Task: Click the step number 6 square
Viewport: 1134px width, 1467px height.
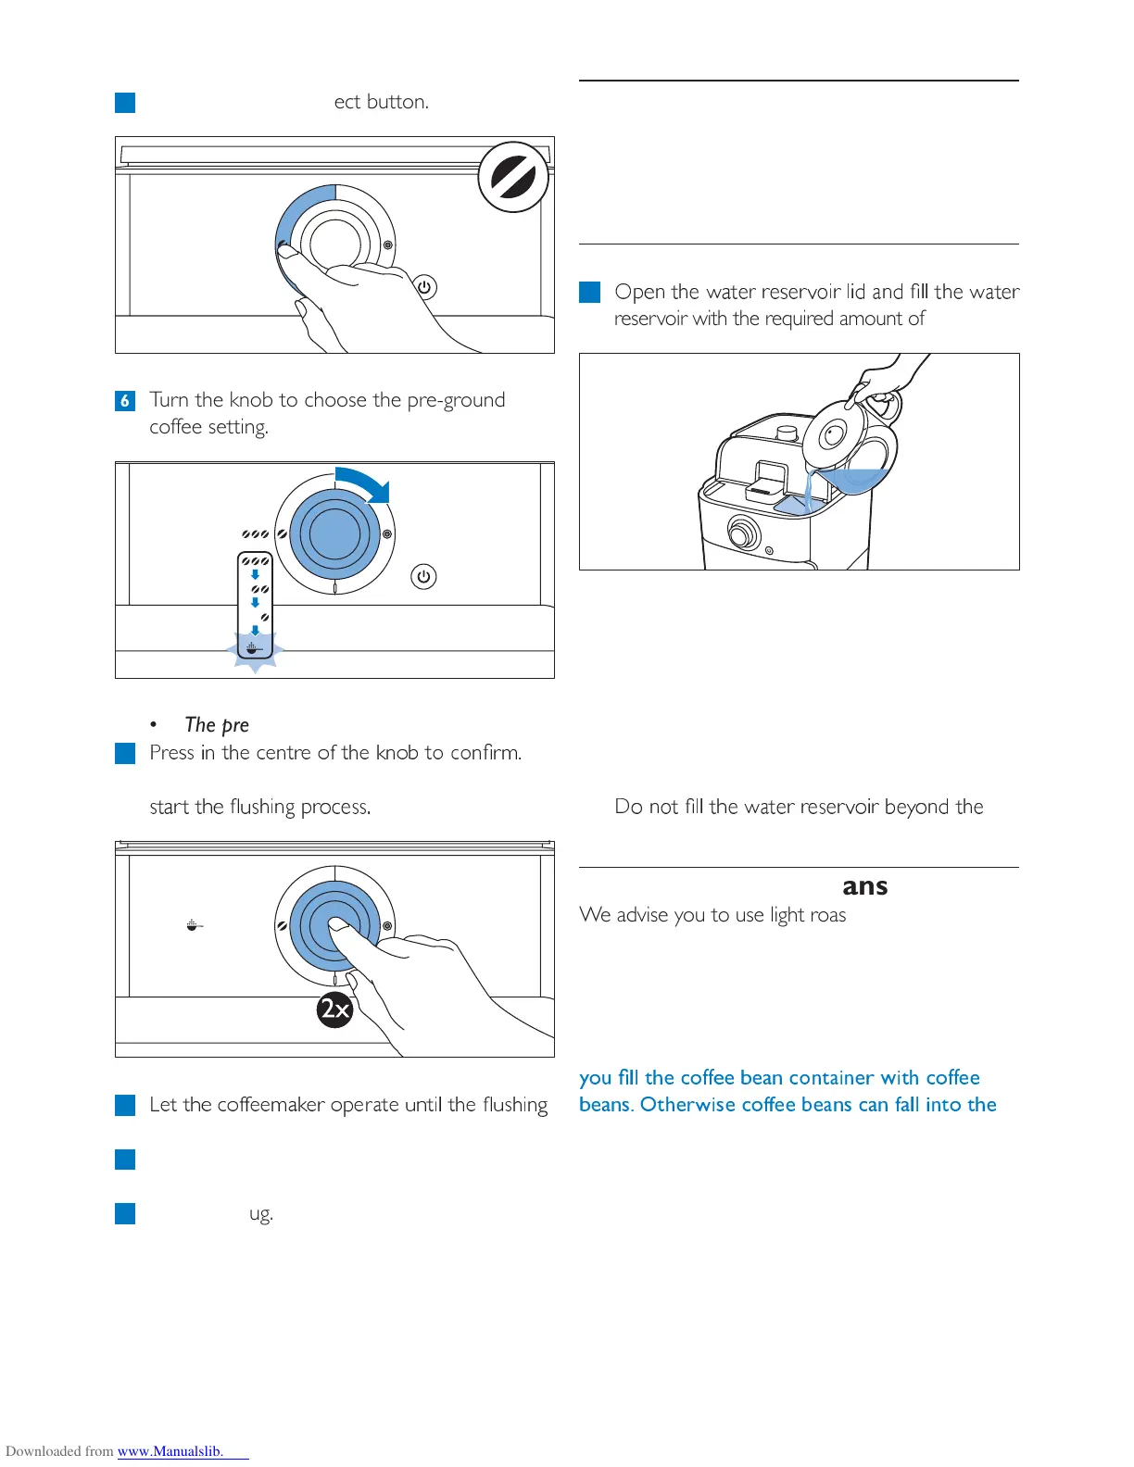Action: pos(125,401)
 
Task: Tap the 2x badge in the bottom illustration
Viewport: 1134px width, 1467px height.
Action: pos(334,1009)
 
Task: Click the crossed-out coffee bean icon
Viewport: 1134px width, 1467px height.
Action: pos(513,176)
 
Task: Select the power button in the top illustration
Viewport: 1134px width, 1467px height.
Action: pos(424,287)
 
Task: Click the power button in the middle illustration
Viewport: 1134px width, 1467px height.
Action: pos(423,576)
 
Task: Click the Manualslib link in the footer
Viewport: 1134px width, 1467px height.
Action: pos(170,1451)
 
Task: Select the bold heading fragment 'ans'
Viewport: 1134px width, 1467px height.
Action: pos(864,886)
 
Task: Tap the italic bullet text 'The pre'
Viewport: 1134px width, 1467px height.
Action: pos(217,725)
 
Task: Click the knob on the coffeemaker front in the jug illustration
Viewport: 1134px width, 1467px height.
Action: pos(742,533)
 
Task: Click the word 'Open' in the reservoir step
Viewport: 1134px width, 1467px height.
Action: pos(639,293)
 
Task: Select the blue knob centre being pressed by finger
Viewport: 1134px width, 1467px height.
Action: pos(334,924)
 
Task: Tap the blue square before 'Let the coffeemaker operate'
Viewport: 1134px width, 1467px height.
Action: pos(125,1105)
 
